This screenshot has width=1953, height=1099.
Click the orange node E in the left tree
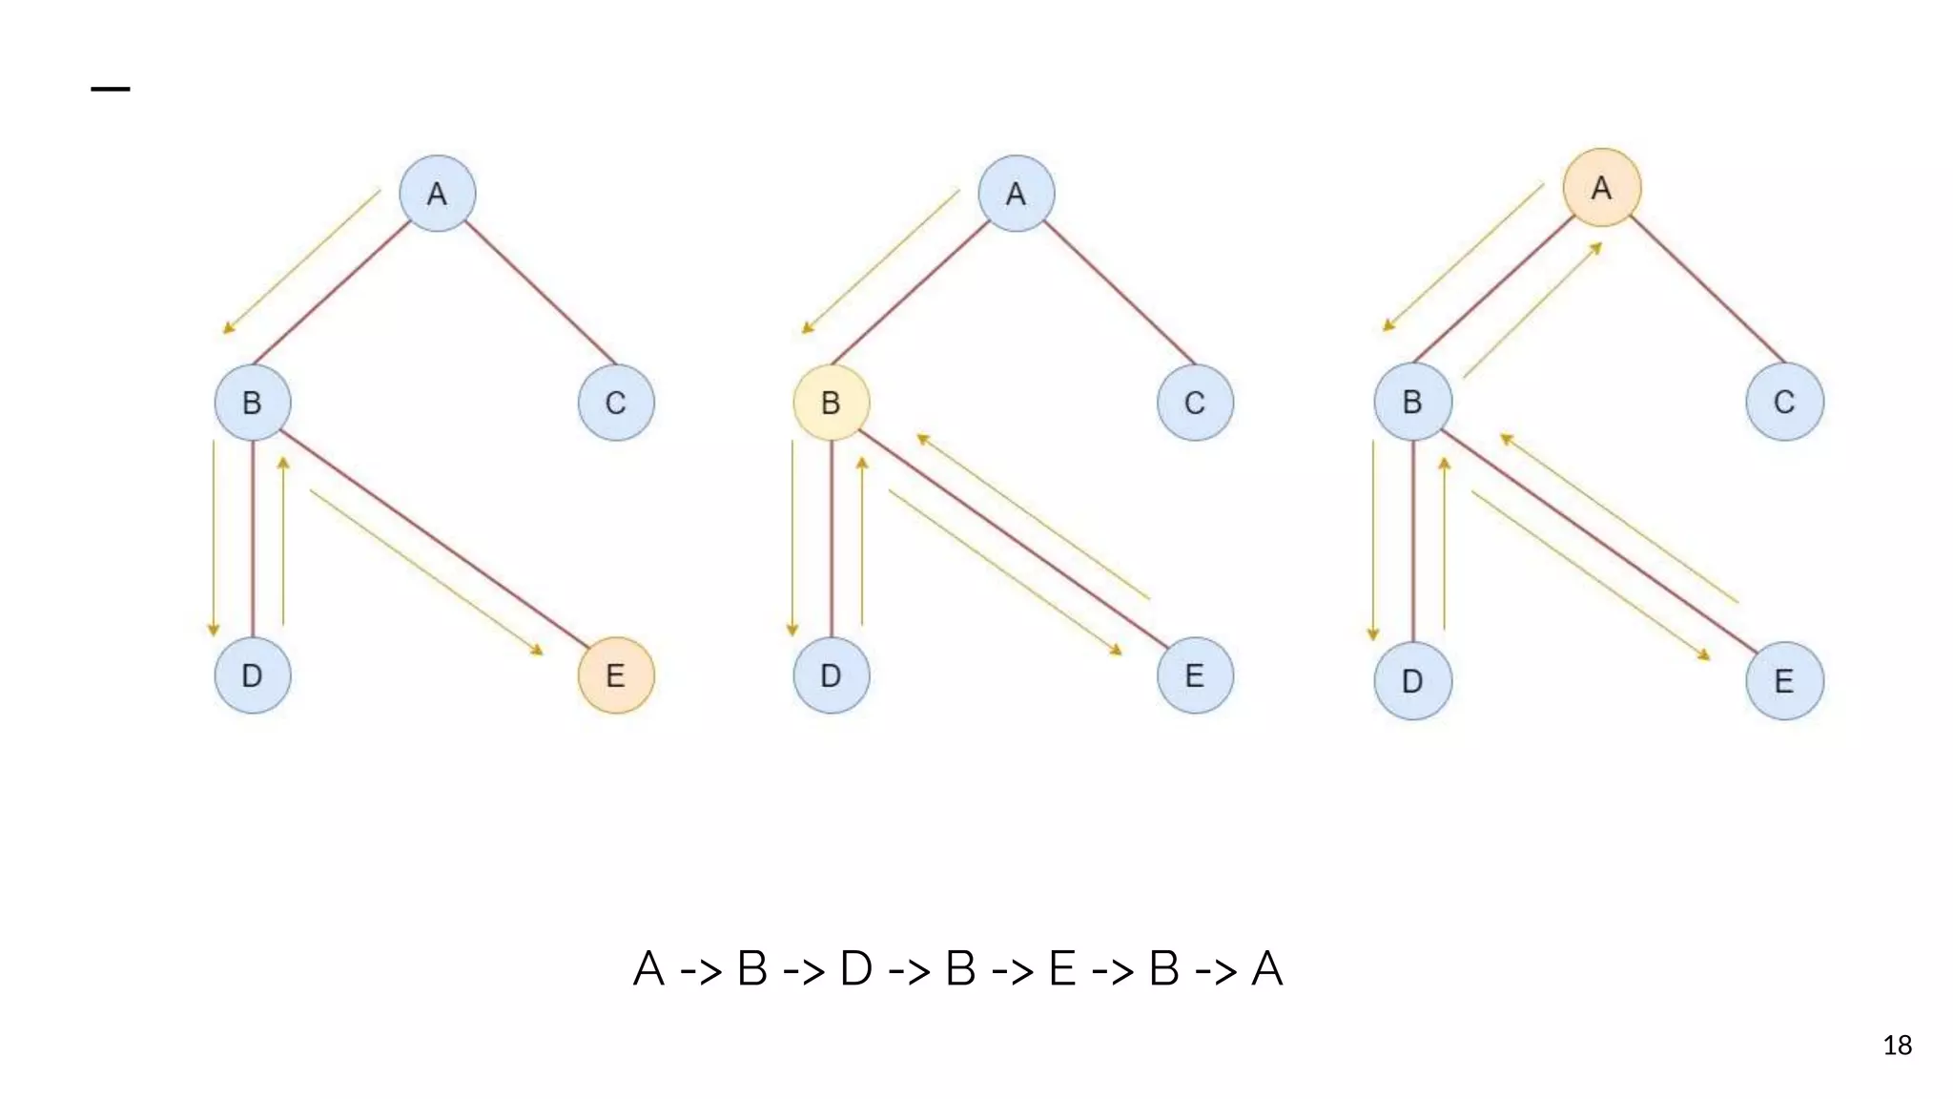(616, 675)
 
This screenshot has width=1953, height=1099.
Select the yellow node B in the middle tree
(831, 403)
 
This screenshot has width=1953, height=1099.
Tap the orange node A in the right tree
(1602, 188)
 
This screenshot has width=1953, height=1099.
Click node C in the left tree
(616, 403)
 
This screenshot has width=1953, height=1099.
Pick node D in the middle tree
(831, 675)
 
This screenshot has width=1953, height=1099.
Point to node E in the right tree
(1784, 681)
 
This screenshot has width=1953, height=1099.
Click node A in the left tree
(437, 194)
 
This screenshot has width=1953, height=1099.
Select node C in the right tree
(1784, 402)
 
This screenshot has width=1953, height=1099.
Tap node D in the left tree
(252, 675)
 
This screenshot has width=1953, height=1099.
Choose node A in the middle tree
(1016, 194)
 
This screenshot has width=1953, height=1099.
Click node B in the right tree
(1412, 402)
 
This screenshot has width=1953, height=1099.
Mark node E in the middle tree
(1195, 675)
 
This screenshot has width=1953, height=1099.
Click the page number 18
(1897, 1046)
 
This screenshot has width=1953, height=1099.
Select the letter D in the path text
(855, 969)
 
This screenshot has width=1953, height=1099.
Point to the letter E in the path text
(1062, 969)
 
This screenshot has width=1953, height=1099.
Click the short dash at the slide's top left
(111, 90)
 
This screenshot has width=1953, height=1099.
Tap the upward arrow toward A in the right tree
(1532, 310)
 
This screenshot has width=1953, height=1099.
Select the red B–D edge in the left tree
(253, 539)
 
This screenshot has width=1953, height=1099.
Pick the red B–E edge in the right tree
(1598, 541)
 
